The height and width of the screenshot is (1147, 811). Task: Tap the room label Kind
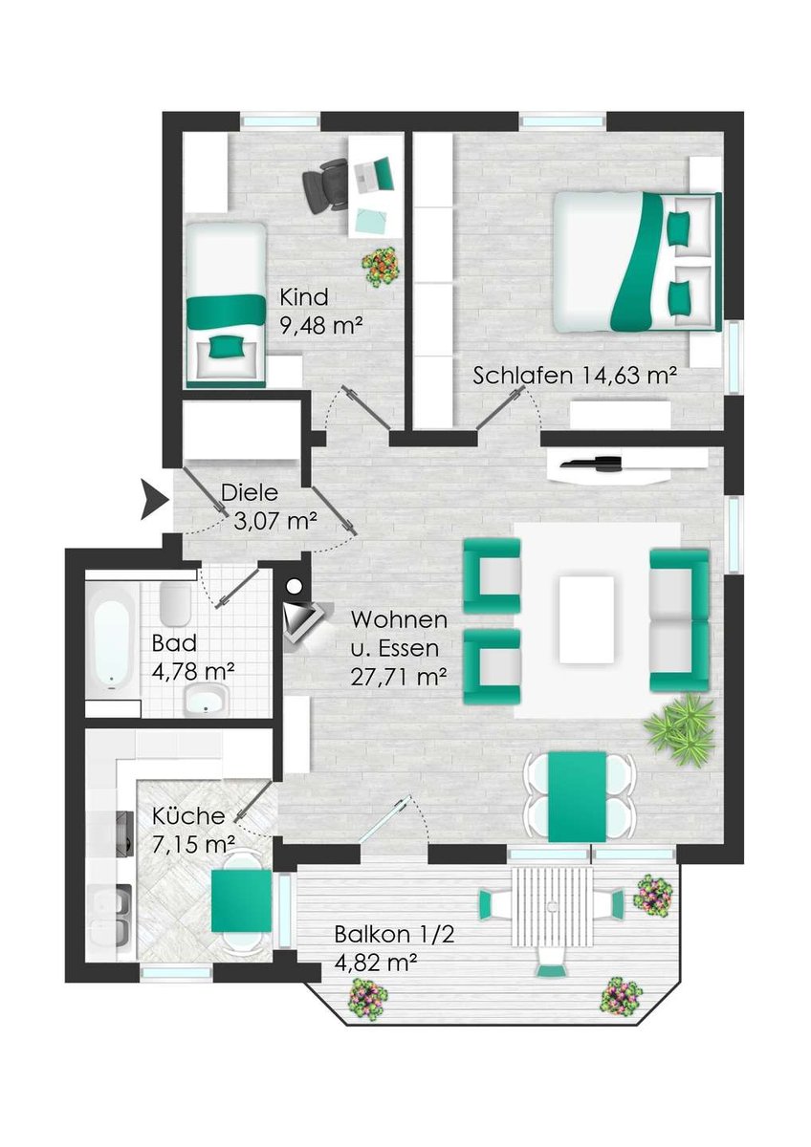coord(303,297)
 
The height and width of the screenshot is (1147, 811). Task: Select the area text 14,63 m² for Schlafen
coord(627,377)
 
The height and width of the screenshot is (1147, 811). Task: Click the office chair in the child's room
coord(325,184)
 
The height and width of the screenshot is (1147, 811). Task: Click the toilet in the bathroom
coord(175,604)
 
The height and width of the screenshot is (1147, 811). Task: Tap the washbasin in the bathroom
coord(206,700)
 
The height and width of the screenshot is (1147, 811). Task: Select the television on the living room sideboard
coord(590,464)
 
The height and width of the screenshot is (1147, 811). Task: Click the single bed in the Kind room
coord(226,304)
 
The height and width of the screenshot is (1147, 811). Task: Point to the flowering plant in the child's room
coord(381,266)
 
